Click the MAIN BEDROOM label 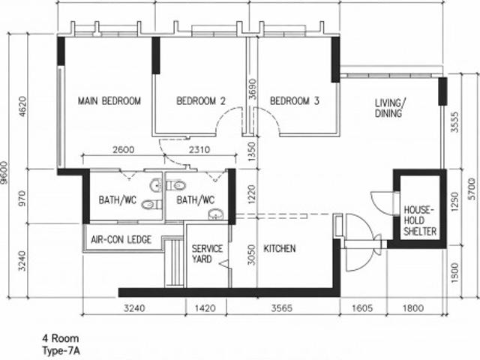coord(109,101)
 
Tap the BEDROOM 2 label coord(201,101)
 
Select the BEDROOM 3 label coord(295,101)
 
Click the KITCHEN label coord(279,248)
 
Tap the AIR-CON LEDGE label coord(121,240)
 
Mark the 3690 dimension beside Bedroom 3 coord(253,90)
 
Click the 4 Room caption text coord(61,339)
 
